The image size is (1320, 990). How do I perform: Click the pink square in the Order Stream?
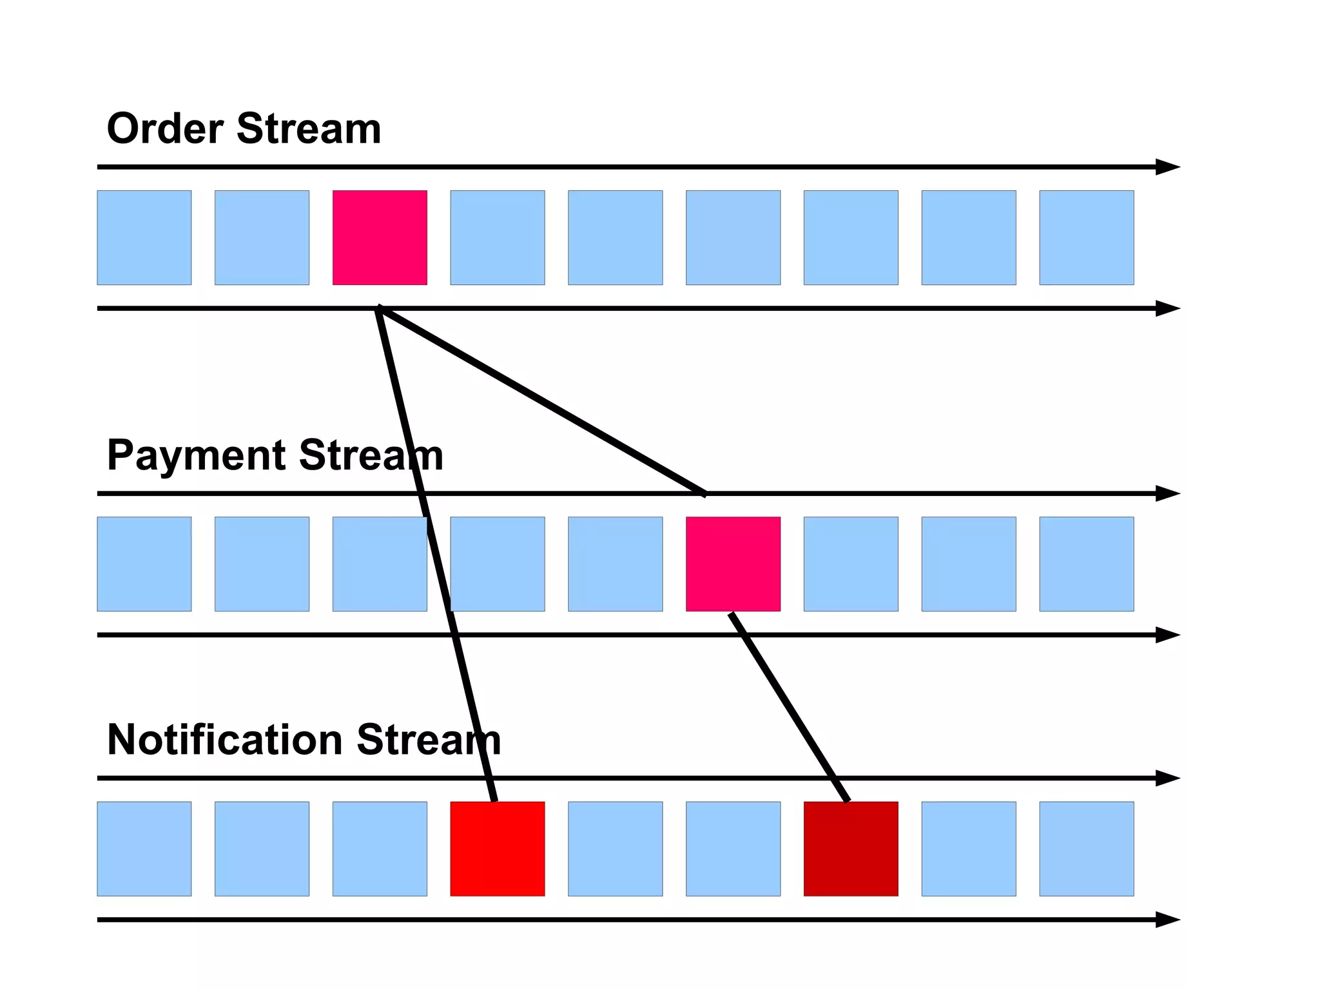pos(380,237)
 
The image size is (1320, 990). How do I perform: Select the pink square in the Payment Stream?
pos(733,564)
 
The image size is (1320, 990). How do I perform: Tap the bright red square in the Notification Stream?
pos(497,849)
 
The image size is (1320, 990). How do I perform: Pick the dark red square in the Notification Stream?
pos(851,849)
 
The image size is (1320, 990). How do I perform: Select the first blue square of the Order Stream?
pos(144,237)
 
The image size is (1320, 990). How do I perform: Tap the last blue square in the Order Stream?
pos(1086,237)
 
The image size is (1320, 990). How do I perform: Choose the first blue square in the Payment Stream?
pos(144,564)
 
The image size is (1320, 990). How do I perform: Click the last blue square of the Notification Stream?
pos(1086,849)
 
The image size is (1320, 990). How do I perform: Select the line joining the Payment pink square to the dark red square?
pos(790,707)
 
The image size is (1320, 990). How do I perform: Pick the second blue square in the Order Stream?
pos(262,237)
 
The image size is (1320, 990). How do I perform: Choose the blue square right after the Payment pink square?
pos(851,564)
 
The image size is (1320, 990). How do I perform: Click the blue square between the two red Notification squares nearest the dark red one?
pos(733,849)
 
